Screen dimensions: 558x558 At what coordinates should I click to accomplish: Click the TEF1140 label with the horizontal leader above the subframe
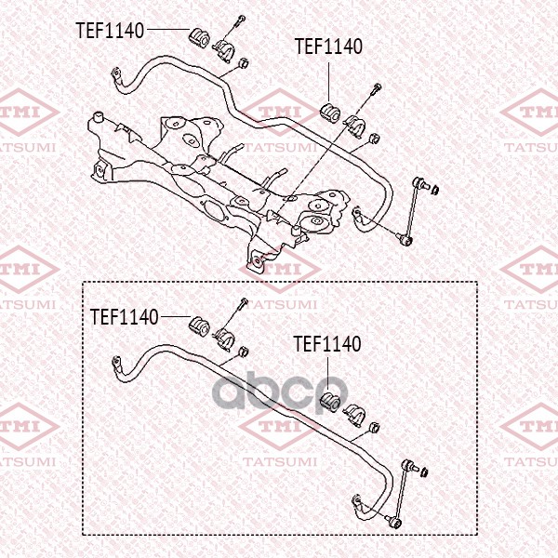(x=110, y=31)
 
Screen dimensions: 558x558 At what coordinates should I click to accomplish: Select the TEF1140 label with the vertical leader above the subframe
(x=328, y=46)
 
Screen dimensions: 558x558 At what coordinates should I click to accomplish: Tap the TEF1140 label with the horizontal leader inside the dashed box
(x=124, y=317)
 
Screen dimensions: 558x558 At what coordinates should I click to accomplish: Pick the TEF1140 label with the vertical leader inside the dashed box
(x=327, y=344)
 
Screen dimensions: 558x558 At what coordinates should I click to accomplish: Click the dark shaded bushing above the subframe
(x=330, y=113)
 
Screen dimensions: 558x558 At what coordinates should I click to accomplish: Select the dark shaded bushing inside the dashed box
(x=330, y=402)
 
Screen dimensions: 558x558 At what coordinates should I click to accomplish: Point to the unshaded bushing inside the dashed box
(x=199, y=327)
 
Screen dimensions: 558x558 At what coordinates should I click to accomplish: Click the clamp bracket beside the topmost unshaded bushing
(x=223, y=50)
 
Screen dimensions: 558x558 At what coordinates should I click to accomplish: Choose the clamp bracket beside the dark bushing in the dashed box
(x=354, y=415)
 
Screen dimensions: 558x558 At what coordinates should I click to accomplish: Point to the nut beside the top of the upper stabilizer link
(x=435, y=190)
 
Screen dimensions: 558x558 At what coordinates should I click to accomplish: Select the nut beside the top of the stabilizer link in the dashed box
(x=424, y=472)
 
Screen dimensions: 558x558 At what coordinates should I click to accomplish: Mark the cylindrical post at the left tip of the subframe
(x=97, y=118)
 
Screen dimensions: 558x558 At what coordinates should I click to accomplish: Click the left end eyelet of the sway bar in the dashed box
(x=115, y=362)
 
